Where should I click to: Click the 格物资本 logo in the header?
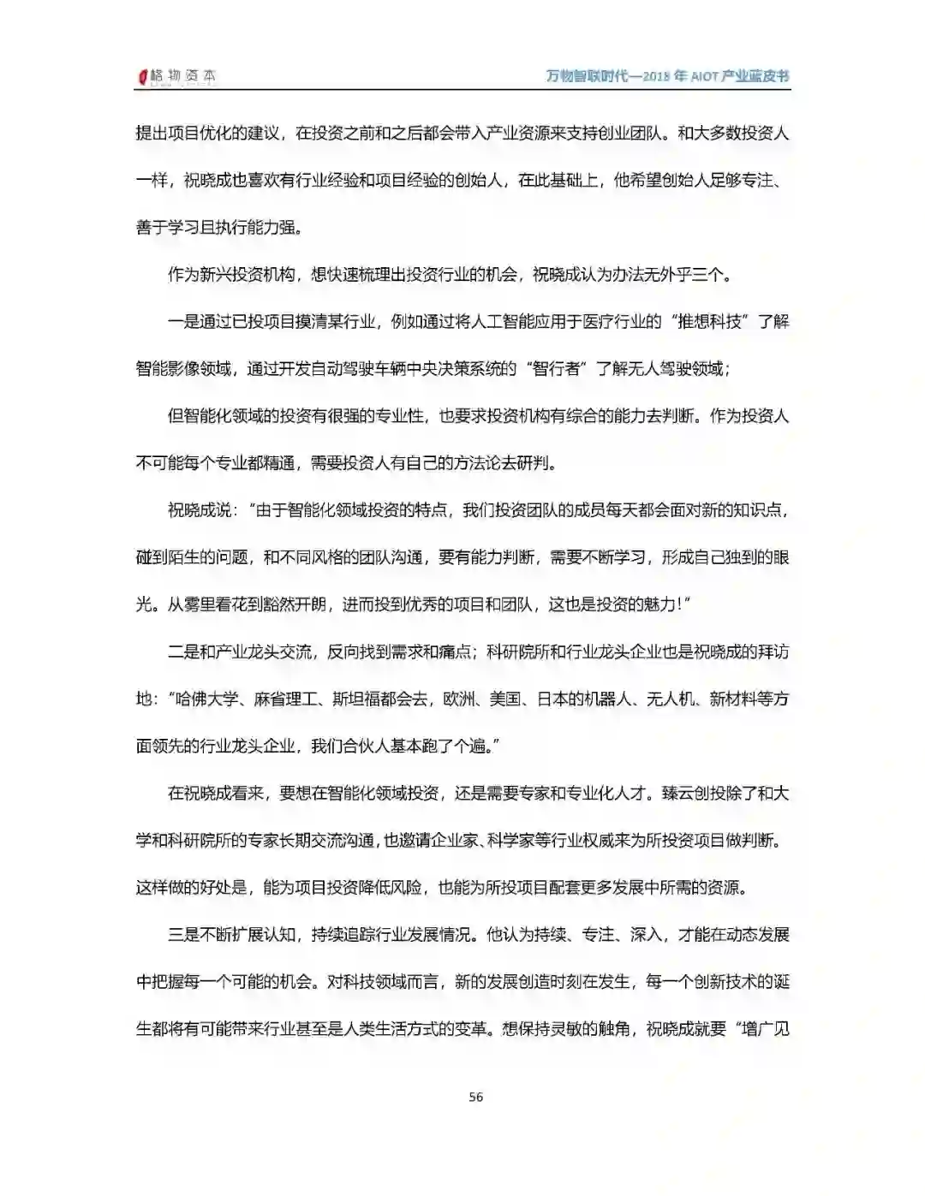pyautogui.click(x=177, y=76)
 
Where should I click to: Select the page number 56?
pyautogui.click(x=476, y=1097)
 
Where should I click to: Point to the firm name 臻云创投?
pyautogui.click(x=692, y=793)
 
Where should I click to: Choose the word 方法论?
pyautogui.click(x=474, y=463)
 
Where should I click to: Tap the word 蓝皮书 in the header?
pyautogui.click(x=767, y=76)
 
